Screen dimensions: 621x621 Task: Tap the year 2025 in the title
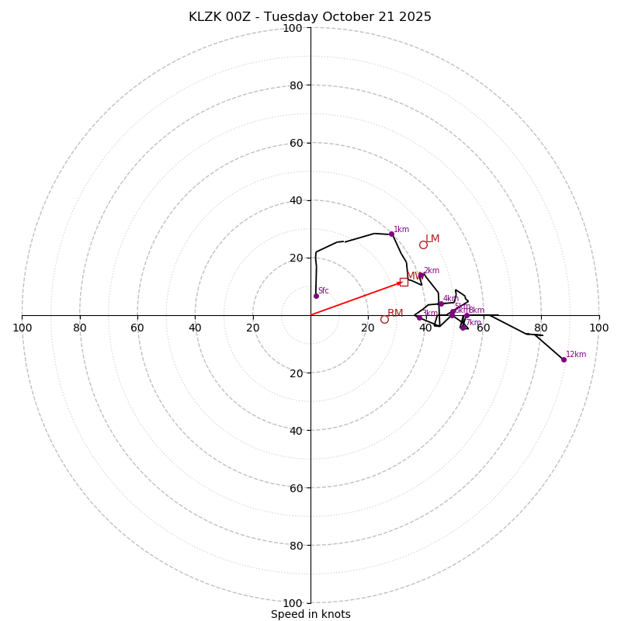tap(415, 17)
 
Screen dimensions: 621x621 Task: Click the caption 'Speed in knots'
tap(310, 614)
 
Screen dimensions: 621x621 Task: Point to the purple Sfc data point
tap(316, 296)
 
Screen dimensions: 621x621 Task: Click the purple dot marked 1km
tap(391, 234)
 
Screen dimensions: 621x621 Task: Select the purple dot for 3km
tap(419, 317)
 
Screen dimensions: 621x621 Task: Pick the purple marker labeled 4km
tap(441, 304)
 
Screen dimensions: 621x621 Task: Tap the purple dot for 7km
tap(463, 327)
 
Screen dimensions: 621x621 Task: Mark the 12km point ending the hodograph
tap(564, 359)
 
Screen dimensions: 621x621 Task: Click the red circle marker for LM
tap(423, 245)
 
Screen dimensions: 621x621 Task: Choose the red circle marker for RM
tap(384, 319)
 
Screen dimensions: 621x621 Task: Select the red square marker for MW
tap(404, 282)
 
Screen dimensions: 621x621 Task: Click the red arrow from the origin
tap(357, 298)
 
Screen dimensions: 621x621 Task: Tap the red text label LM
tap(432, 238)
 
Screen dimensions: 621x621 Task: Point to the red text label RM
tap(395, 313)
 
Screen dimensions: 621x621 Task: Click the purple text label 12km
tap(576, 354)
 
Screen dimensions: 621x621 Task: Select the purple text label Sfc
tap(324, 290)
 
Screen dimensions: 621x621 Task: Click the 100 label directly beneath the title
tap(293, 28)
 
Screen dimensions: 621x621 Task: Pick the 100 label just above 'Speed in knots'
tap(293, 603)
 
